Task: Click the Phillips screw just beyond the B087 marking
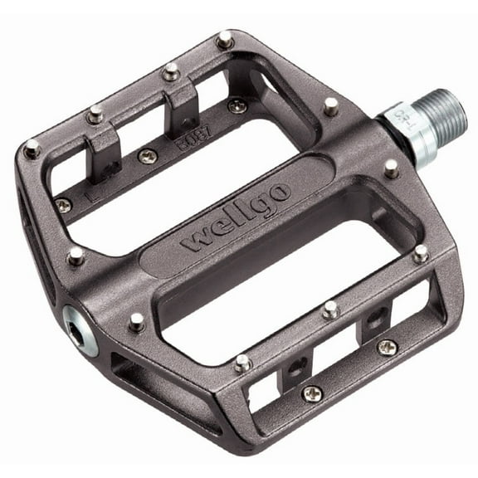(237, 106)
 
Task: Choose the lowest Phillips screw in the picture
(311, 393)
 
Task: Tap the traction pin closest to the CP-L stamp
(391, 168)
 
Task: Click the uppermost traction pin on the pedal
(223, 38)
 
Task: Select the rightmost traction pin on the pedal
(421, 252)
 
